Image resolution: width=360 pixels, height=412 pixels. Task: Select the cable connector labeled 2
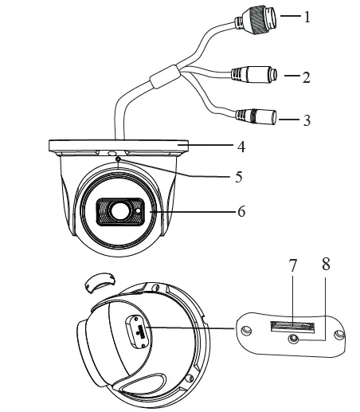(256, 77)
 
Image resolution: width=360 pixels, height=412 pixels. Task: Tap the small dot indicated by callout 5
(119, 159)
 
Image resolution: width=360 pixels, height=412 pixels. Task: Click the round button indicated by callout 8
(295, 338)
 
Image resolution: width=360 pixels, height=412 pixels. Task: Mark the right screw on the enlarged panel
(342, 335)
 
